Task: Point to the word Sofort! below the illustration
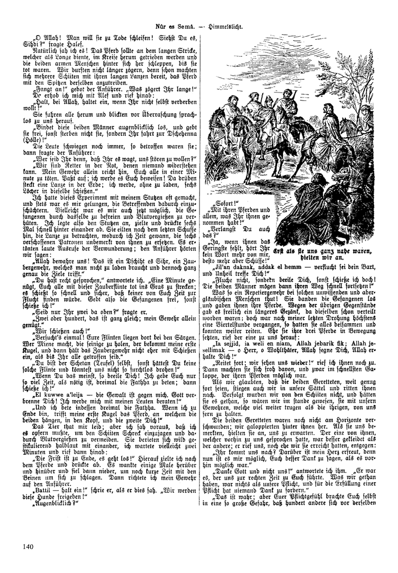click(223, 204)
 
